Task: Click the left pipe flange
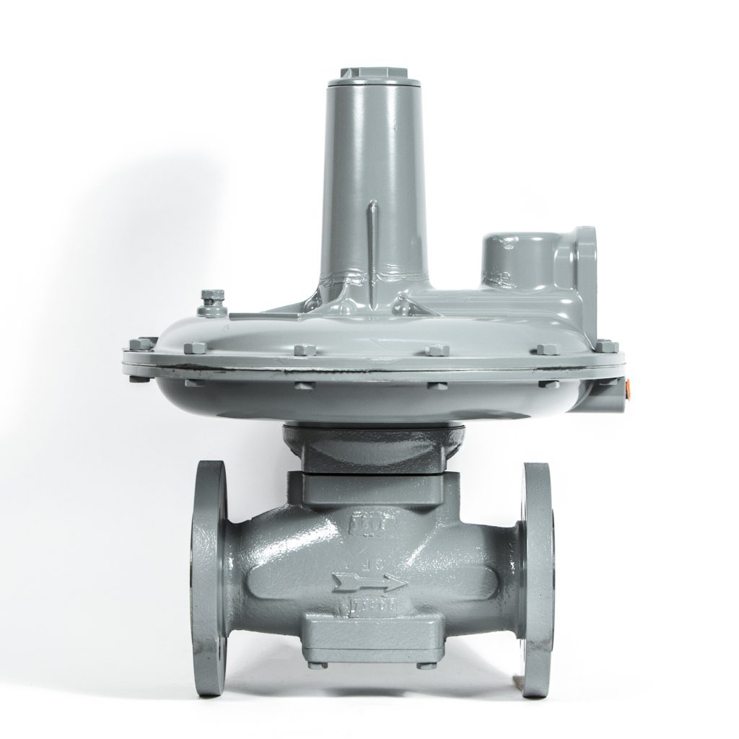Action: coord(209,577)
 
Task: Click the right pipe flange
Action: coord(537,577)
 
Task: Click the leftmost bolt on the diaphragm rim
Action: coord(144,344)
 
